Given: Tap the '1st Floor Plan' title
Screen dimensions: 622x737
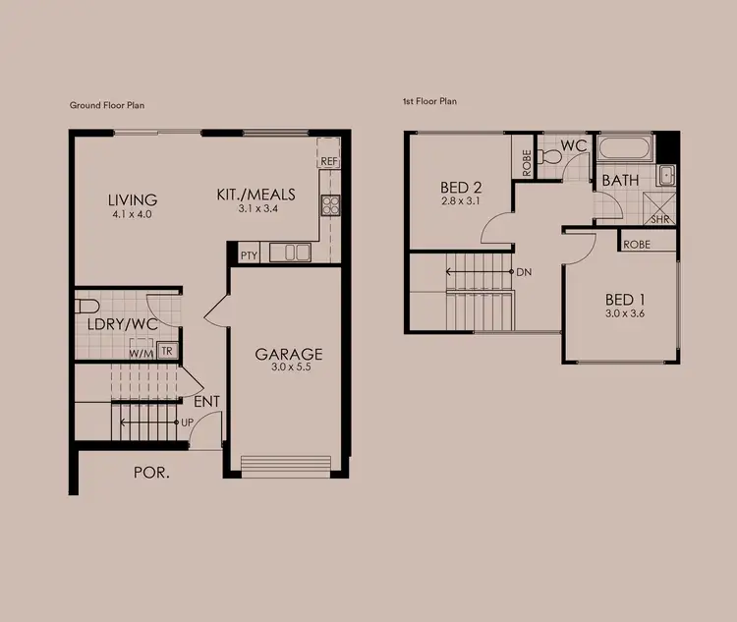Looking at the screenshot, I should coord(430,101).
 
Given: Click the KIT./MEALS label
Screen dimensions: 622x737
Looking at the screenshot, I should coord(255,195).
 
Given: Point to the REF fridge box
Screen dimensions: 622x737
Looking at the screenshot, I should coord(328,161).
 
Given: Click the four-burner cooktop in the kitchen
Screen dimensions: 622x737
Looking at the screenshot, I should coord(329,205).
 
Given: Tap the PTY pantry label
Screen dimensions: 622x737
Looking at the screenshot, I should coord(249,255).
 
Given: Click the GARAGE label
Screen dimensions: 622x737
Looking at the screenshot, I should coord(288,354).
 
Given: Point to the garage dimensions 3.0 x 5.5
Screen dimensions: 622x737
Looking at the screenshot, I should coord(288,369).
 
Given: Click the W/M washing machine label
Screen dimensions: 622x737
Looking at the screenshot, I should coord(141,352).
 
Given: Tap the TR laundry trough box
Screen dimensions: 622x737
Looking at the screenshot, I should coord(166,351).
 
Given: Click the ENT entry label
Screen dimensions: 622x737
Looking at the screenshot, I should coord(206,401).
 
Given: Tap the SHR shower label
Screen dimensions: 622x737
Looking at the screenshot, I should coord(659,219).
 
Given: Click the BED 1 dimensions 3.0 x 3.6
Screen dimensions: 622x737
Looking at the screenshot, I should coord(624,315).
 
